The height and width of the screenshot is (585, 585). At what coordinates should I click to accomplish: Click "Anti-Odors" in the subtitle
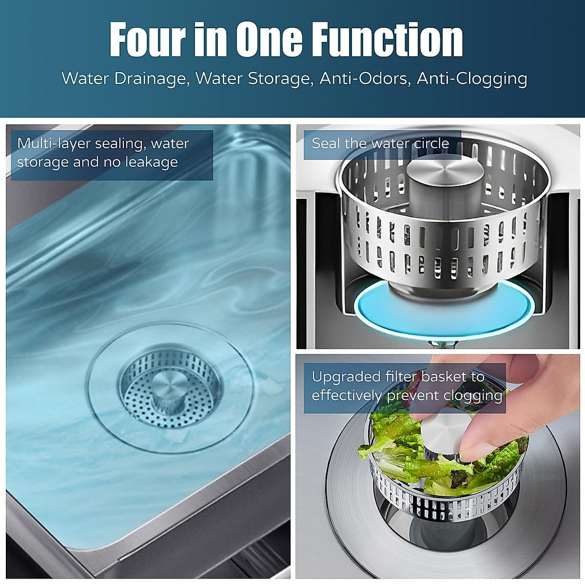click(x=364, y=78)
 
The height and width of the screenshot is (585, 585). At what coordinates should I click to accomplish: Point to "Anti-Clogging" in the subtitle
click(x=472, y=79)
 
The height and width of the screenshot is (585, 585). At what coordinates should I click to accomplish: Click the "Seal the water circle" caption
click(x=380, y=143)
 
